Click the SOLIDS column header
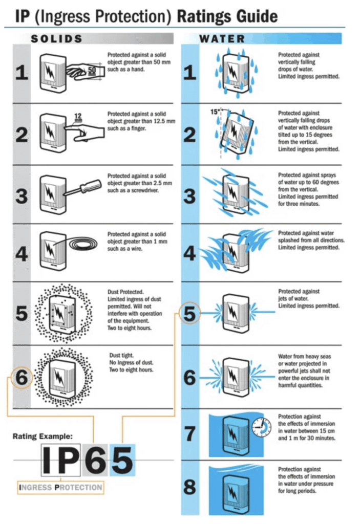click(x=56, y=39)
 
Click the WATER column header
click(x=222, y=39)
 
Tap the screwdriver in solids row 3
click(x=82, y=187)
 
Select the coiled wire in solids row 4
click(x=83, y=244)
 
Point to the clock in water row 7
click(x=261, y=427)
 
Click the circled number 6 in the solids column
click(x=22, y=377)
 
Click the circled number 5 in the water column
click(x=189, y=314)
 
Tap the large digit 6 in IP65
click(x=95, y=460)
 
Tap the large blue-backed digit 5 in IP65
click(x=122, y=460)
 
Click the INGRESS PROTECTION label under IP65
click(x=60, y=488)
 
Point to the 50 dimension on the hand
click(x=92, y=70)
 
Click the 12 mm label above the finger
click(x=78, y=118)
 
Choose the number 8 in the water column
click(x=189, y=487)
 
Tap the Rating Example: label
click(x=43, y=436)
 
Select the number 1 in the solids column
click(x=22, y=73)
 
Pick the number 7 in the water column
click(x=189, y=433)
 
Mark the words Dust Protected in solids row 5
click(x=125, y=292)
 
